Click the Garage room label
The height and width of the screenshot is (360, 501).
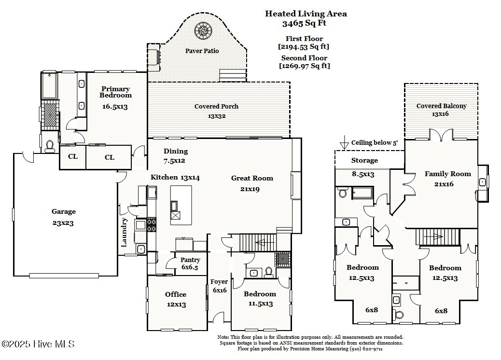pos(64,211)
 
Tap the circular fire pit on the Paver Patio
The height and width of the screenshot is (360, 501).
pos(203,31)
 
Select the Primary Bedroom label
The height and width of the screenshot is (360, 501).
pos(115,92)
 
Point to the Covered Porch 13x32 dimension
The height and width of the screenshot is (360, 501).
pos(216,116)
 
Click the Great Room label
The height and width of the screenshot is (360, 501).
pos(252,178)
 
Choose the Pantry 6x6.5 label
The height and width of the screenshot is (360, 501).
pos(190,267)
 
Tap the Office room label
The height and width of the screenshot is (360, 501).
pos(176,294)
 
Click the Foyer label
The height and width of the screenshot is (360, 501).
pos(219,282)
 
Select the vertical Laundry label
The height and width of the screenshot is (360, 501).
pos(124,232)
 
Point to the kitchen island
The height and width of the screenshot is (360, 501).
pos(181,204)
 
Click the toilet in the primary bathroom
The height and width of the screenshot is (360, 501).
pos(50,147)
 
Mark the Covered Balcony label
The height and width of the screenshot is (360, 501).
pos(442,106)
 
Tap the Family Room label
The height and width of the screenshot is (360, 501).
pos(447,174)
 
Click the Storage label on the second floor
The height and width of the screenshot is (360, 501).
pos(364,160)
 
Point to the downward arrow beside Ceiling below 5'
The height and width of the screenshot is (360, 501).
pos(344,143)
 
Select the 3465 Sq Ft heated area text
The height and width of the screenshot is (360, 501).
pos(306,23)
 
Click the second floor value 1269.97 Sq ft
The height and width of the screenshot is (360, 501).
pos(305,66)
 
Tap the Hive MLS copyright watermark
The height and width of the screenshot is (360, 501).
pos(38,344)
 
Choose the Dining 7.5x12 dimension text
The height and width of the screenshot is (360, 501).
pos(175,160)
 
